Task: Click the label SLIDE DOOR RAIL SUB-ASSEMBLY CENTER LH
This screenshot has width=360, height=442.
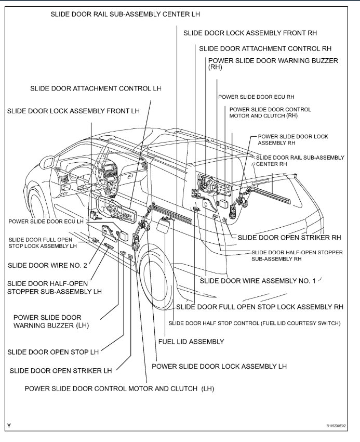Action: click(x=125, y=14)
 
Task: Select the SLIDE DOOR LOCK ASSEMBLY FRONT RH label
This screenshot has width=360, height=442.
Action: click(x=250, y=33)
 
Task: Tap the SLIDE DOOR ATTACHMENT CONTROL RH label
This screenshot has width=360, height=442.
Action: click(x=265, y=48)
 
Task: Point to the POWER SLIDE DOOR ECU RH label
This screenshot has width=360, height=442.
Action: click(x=256, y=97)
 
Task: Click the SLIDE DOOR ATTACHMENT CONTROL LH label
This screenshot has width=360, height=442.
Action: click(x=96, y=88)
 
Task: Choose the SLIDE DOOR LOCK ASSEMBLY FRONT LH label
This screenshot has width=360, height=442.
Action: click(x=73, y=111)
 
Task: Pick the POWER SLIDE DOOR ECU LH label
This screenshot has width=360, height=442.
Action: click(x=46, y=221)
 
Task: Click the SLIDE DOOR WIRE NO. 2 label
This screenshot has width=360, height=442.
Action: click(x=47, y=265)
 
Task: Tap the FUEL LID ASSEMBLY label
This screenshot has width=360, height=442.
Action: click(x=191, y=342)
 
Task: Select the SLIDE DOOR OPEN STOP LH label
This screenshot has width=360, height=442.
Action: click(x=53, y=352)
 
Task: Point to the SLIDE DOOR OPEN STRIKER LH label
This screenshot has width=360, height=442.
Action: click(x=61, y=371)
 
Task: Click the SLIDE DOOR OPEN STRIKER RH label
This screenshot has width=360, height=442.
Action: click(x=289, y=237)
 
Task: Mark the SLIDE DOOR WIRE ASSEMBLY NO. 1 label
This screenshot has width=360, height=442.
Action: click(x=258, y=281)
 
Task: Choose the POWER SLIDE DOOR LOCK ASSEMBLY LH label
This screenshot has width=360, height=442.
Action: click(x=219, y=366)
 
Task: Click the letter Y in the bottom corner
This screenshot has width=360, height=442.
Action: click(x=9, y=425)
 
